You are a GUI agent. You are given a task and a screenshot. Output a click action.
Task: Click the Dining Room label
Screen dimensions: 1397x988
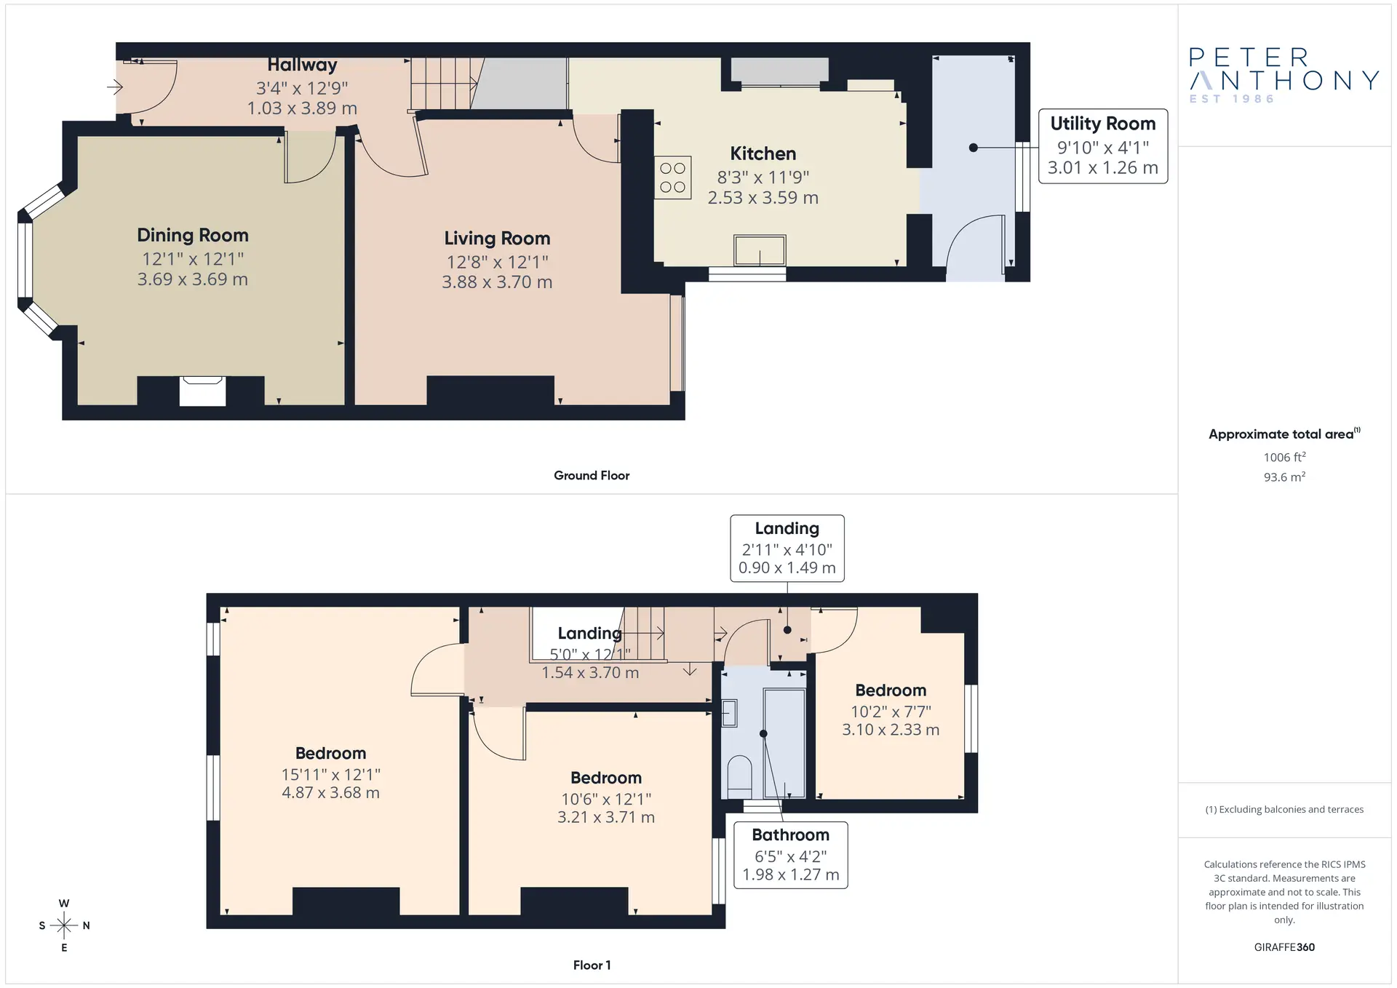click(x=193, y=235)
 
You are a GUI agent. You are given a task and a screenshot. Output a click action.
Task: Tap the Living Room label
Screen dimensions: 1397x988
click(x=497, y=239)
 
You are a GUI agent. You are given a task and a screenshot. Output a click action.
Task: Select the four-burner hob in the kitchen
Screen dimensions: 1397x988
click(x=672, y=178)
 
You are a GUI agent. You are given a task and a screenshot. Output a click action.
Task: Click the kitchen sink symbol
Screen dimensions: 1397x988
click(x=760, y=251)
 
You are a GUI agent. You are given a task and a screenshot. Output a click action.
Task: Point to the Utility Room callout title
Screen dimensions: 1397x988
click(x=1102, y=124)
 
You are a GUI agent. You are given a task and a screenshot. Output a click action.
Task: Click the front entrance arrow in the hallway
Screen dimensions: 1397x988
click(x=115, y=88)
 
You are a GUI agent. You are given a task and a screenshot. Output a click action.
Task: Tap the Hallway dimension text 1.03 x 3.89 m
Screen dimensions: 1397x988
click(x=302, y=108)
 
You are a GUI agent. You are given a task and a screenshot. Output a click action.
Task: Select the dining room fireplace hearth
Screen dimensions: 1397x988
click(x=202, y=391)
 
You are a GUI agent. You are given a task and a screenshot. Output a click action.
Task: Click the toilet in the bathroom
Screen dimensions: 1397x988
click(x=739, y=776)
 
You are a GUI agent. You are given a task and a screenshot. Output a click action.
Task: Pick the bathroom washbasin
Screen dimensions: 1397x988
click(x=729, y=713)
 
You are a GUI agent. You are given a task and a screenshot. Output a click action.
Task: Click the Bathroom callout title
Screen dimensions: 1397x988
click(x=790, y=835)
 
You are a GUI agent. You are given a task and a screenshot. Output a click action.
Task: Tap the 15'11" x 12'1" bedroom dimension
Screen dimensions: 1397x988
click(x=331, y=775)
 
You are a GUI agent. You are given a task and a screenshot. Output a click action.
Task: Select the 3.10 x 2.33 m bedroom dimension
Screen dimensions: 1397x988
click(x=891, y=730)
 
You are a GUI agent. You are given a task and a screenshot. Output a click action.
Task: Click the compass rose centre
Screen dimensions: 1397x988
click(x=64, y=925)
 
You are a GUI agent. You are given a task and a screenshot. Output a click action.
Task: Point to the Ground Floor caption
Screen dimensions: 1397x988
click(x=592, y=475)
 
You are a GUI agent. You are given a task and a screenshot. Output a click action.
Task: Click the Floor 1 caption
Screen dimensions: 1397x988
click(x=592, y=965)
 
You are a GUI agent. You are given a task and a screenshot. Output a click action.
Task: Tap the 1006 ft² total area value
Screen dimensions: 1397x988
click(x=1284, y=457)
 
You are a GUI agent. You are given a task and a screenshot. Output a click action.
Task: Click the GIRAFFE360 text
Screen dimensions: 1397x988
click(x=1284, y=947)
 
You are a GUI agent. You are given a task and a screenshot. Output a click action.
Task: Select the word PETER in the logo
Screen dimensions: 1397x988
click(x=1249, y=57)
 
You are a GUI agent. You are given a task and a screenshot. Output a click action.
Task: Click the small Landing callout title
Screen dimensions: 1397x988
click(x=787, y=529)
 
